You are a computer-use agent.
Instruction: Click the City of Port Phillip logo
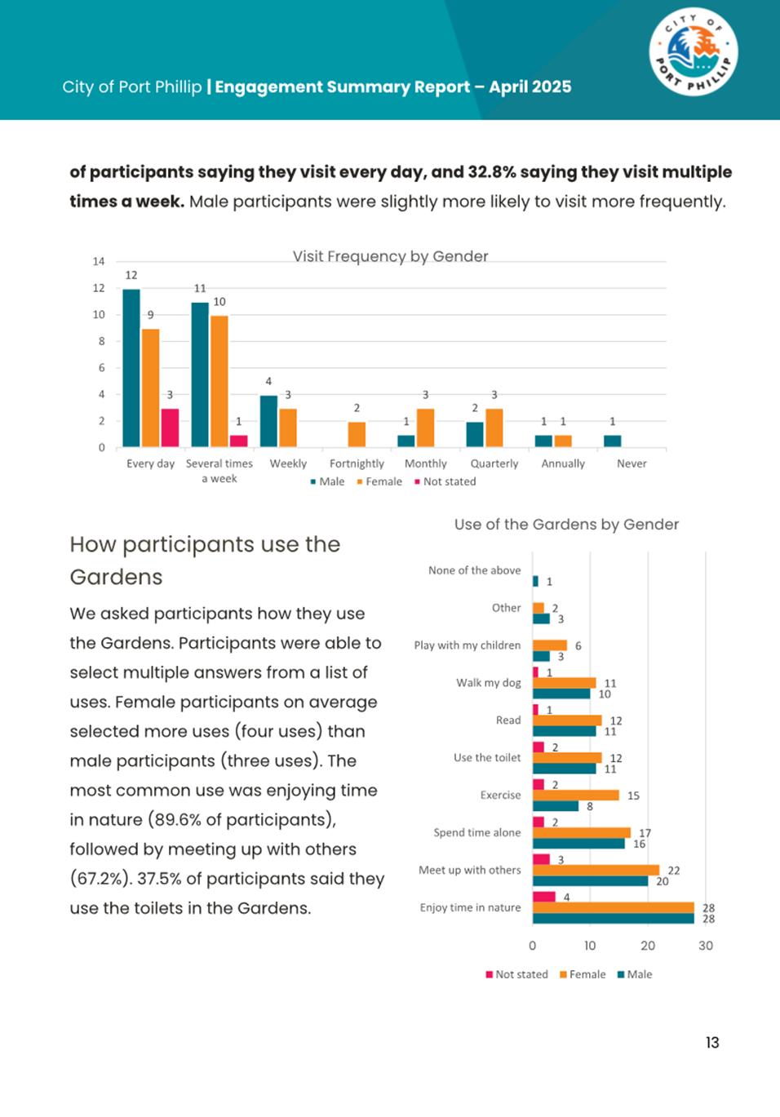pyautogui.click(x=694, y=53)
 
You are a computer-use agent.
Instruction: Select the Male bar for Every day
pyautogui.click(x=131, y=368)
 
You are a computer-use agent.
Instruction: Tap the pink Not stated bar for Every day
pyautogui.click(x=170, y=428)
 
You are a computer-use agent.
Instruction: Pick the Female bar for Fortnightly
pyautogui.click(x=357, y=434)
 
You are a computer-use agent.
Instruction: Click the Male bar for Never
pyautogui.click(x=612, y=441)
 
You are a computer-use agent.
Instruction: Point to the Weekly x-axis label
pyautogui.click(x=288, y=463)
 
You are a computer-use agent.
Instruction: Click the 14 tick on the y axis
pyautogui.click(x=99, y=261)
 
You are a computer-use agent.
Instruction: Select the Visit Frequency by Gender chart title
pyautogui.click(x=390, y=256)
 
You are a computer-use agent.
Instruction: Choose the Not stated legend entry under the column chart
pyautogui.click(x=445, y=481)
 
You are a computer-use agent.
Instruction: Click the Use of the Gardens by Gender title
pyautogui.click(x=566, y=525)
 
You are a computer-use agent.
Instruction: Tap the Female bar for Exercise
pyautogui.click(x=575, y=796)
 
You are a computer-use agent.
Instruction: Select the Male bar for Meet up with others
pyautogui.click(x=590, y=881)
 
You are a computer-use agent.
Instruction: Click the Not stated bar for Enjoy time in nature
pyautogui.click(x=544, y=897)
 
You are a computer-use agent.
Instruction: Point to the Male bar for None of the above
pyautogui.click(x=535, y=581)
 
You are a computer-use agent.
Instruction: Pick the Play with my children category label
pyautogui.click(x=467, y=645)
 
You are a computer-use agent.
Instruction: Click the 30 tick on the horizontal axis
pyautogui.click(x=706, y=946)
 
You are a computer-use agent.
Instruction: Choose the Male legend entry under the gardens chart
pyautogui.click(x=635, y=974)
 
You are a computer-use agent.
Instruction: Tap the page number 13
pyautogui.click(x=712, y=1043)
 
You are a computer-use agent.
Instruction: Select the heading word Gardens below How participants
pyautogui.click(x=116, y=577)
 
